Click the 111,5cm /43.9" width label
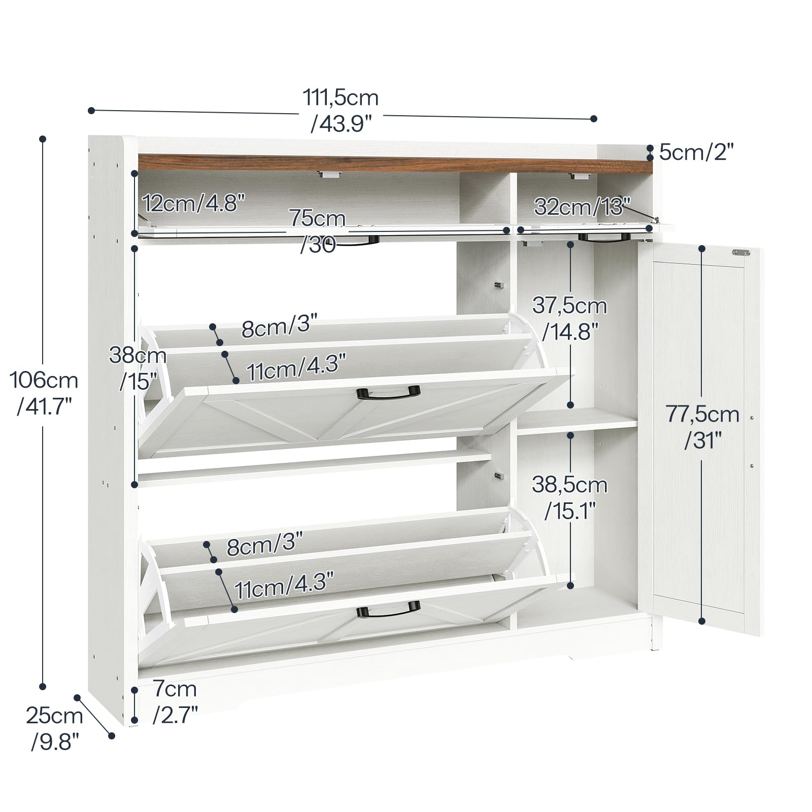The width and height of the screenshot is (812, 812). pos(341,110)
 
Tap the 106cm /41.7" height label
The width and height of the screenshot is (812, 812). pos(45,393)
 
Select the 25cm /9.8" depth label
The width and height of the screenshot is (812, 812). pos(55,729)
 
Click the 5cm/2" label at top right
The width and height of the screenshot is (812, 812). pos(697,152)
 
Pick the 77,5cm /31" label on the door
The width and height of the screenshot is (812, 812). pos(703,427)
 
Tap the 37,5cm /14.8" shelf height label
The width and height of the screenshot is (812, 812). pos(569,319)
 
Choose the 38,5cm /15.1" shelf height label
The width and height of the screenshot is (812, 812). pos(569,498)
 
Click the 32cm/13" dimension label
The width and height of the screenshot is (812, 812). pos(582,206)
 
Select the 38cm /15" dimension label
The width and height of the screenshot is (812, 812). pos(138,368)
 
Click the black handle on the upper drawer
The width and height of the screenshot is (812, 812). pos(389,392)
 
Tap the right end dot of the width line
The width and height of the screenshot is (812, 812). pos(594,119)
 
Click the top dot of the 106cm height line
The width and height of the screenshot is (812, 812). pos(43,139)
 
